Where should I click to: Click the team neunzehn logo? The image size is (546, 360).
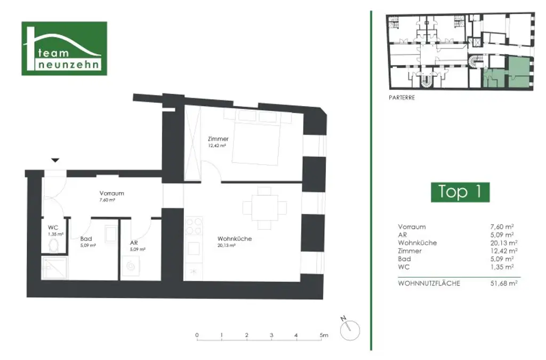tap(63, 49)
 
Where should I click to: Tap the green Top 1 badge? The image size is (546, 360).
tap(460, 191)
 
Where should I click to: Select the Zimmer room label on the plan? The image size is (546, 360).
tap(218, 139)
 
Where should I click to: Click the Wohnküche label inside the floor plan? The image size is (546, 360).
tap(234, 238)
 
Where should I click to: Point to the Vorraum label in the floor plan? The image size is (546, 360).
tap(111, 193)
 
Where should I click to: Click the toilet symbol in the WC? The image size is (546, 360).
tap(54, 245)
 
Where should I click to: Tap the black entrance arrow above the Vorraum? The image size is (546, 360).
tap(55, 160)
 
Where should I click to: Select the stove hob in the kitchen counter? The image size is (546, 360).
tap(194, 227)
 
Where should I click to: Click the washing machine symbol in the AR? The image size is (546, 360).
tap(130, 265)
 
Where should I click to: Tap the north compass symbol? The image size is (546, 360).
tap(349, 328)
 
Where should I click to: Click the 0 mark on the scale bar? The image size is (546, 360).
tap(197, 335)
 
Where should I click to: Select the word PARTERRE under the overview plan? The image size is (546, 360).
tap(402, 98)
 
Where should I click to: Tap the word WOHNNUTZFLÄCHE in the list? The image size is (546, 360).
tap(429, 283)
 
